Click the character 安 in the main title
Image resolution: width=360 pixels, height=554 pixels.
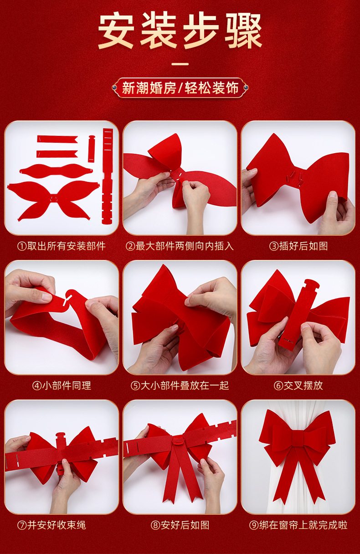click(x=116, y=31)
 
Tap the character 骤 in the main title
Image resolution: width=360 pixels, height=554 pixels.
click(x=243, y=31)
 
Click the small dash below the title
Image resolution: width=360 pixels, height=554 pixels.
click(x=180, y=64)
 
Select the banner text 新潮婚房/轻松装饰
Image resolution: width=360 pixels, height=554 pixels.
click(x=180, y=88)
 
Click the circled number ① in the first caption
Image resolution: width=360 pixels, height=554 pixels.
click(x=22, y=246)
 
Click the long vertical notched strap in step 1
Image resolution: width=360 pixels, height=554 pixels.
click(x=108, y=176)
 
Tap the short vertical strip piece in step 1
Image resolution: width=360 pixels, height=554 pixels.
click(x=92, y=149)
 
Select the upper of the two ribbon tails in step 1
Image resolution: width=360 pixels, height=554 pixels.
click(x=57, y=139)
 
